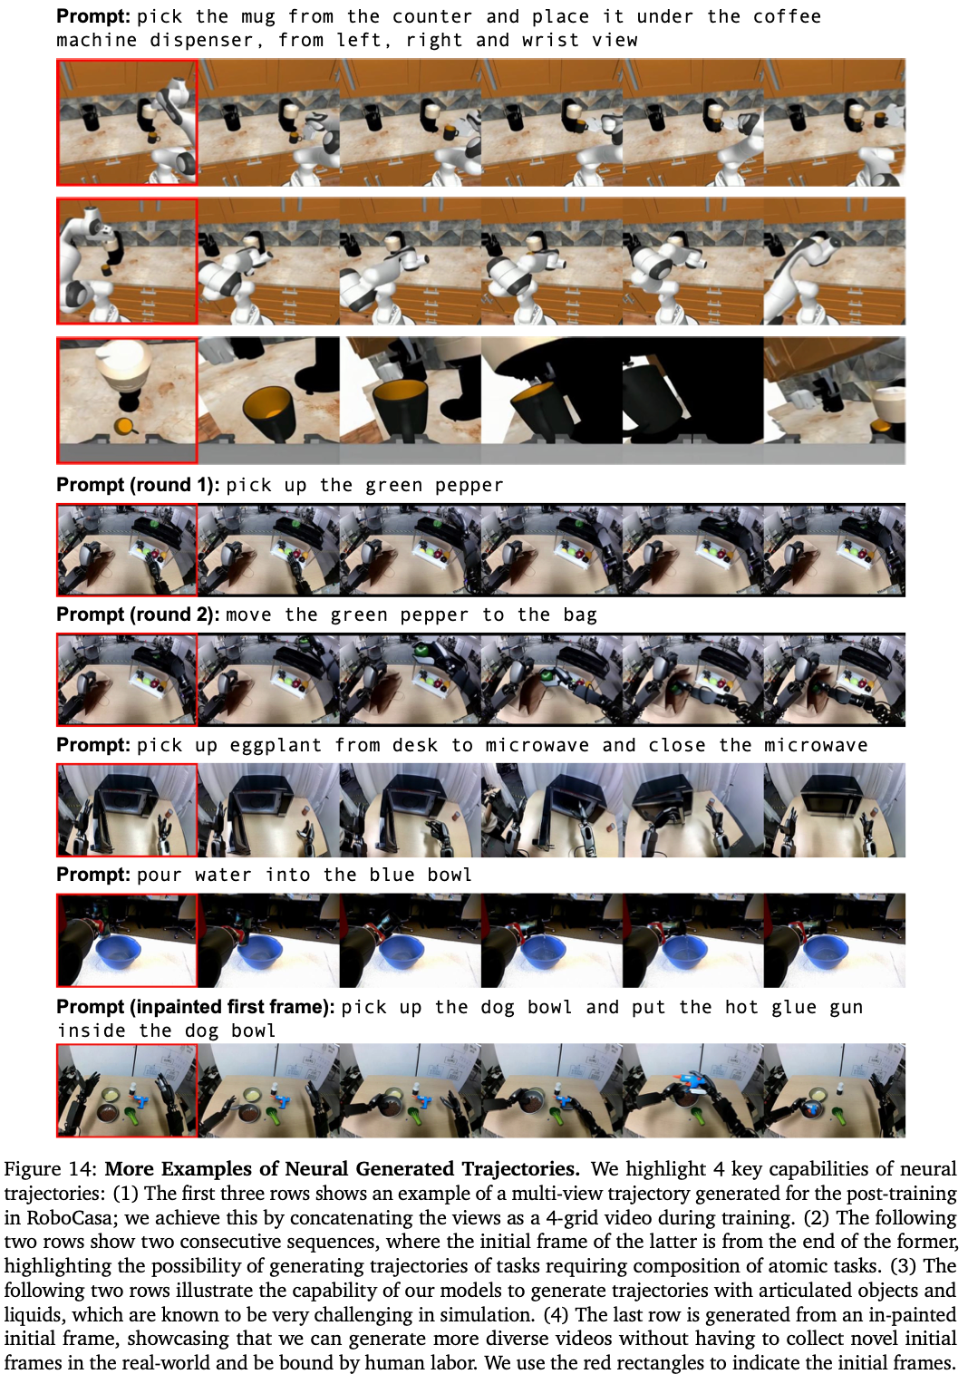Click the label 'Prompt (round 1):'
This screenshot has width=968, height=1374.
click(138, 485)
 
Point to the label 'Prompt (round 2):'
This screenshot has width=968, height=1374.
click(138, 614)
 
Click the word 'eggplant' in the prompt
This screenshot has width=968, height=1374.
click(276, 745)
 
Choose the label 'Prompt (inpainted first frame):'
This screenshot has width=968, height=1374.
click(196, 1007)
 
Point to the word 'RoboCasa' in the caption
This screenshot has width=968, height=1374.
click(63, 1217)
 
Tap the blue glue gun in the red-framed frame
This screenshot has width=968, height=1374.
click(142, 1099)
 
